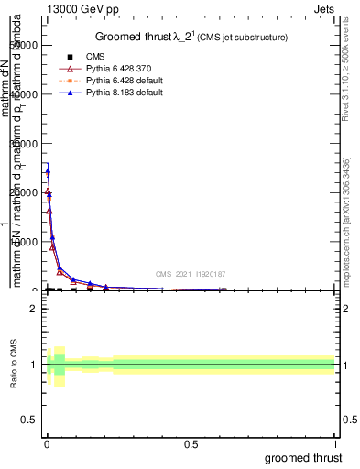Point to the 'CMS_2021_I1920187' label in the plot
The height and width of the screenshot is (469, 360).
point(190,274)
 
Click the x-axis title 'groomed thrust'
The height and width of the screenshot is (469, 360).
point(304,457)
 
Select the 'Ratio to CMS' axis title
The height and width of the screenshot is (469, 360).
point(14,365)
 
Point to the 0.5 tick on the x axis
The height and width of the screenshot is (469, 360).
point(191,443)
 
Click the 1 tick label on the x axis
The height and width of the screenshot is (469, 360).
point(335,443)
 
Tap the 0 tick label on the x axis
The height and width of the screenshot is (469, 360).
point(47,443)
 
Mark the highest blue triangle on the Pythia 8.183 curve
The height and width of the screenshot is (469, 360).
point(48,170)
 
